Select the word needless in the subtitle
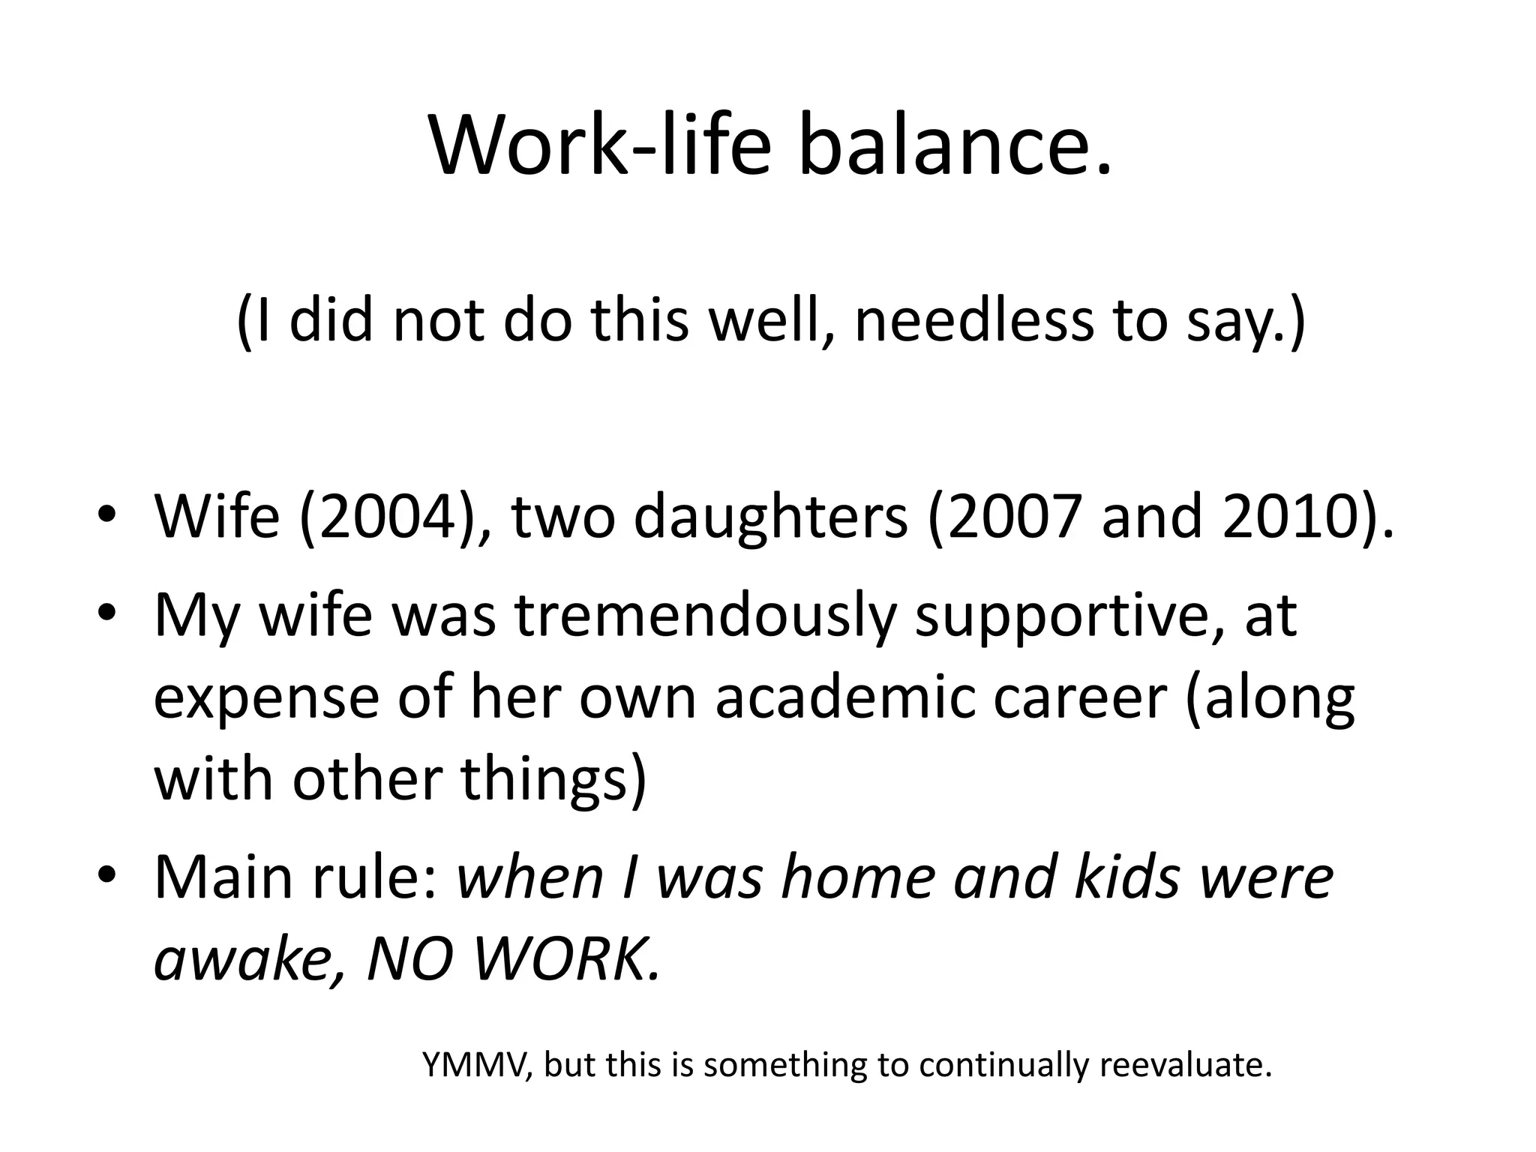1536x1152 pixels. click(x=974, y=320)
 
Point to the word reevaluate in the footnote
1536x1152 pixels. click(x=1185, y=1066)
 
